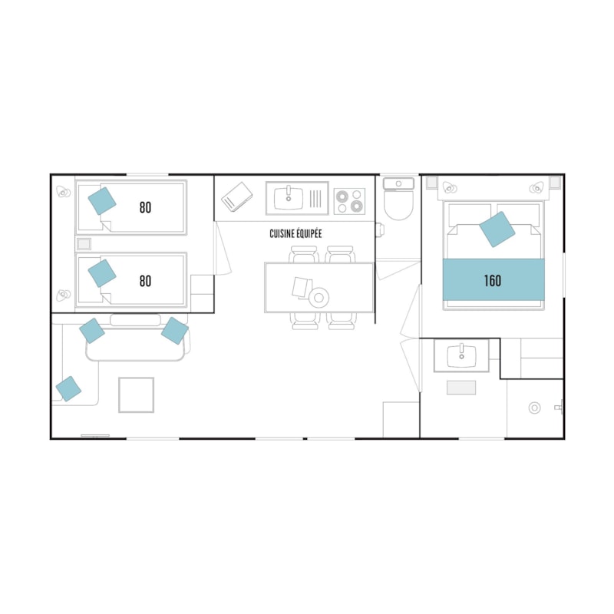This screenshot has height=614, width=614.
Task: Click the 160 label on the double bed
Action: point(492,281)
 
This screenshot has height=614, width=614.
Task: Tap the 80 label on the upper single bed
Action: point(145,207)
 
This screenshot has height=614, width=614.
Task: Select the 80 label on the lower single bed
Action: point(145,281)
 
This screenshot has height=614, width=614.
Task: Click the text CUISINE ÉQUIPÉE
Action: point(295,234)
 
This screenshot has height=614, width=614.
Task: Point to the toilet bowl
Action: point(398,205)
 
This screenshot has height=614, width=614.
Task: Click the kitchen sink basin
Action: point(289,198)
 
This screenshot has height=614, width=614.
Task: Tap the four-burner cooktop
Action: point(349,201)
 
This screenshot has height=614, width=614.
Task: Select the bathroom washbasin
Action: point(462,355)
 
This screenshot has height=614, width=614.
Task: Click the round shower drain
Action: point(534,408)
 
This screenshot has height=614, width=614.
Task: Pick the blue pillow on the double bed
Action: point(497,229)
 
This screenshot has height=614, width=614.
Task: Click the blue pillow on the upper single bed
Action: point(102,201)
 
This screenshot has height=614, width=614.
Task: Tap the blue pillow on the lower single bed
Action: point(102,273)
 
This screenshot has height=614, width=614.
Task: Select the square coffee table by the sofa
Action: point(137,394)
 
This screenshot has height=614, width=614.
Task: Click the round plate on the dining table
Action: point(319,298)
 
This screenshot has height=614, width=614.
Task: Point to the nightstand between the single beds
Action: point(84,244)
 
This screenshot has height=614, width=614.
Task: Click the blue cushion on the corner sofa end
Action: point(68,389)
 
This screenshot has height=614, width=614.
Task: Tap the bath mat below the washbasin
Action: point(461,388)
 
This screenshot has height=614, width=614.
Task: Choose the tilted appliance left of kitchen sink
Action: point(237,197)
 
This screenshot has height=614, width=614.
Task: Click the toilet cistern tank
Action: point(398,183)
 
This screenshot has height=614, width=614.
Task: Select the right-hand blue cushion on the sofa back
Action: point(175,331)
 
